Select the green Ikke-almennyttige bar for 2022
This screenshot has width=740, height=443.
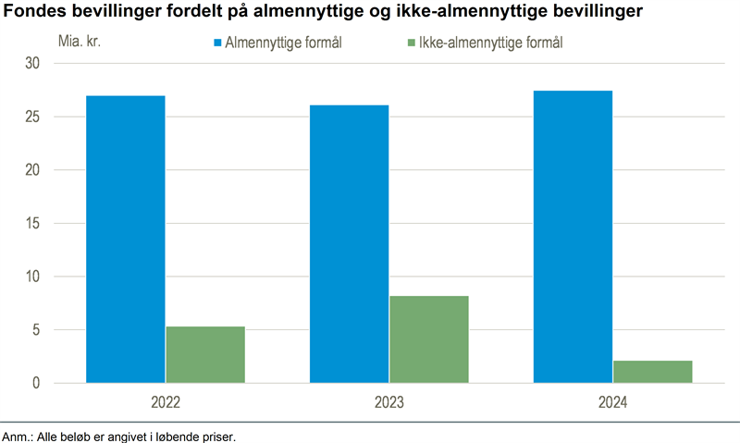[205, 354]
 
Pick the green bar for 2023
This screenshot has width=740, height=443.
[428, 338]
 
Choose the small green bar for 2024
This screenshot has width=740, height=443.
[652, 371]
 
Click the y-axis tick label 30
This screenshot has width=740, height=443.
[33, 64]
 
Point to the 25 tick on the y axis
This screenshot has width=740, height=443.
[33, 117]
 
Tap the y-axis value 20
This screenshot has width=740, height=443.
[33, 170]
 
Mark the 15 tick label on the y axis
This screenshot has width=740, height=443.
[33, 224]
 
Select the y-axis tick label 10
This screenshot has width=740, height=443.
[33, 277]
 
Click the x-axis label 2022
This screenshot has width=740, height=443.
[166, 403]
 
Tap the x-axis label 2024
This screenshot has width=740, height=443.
[612, 403]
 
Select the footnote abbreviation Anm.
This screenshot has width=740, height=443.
[17, 436]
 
